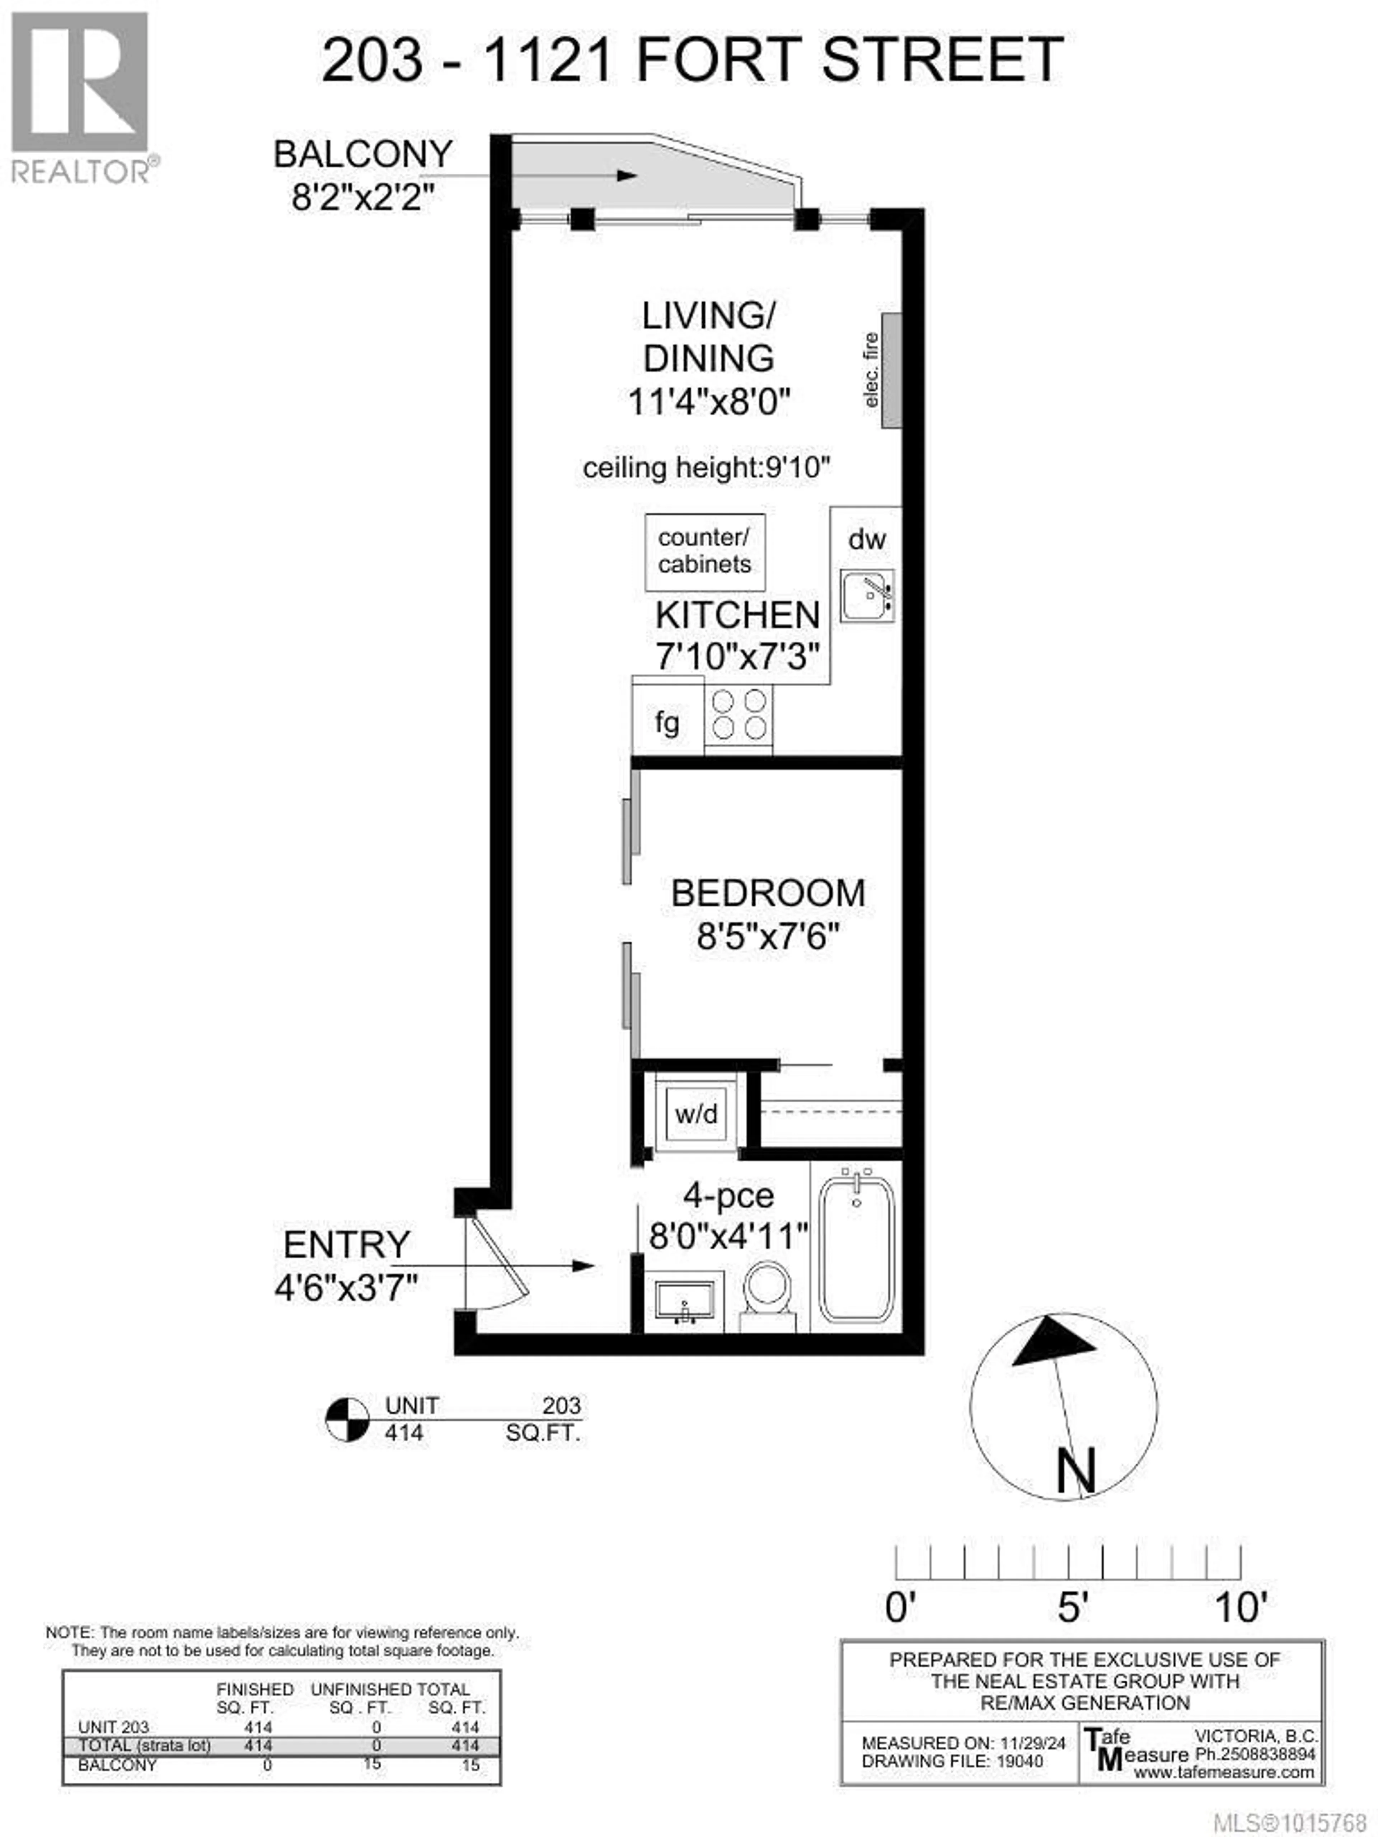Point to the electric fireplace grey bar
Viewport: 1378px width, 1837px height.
891,370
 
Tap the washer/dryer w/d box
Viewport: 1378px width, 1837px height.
696,1113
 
